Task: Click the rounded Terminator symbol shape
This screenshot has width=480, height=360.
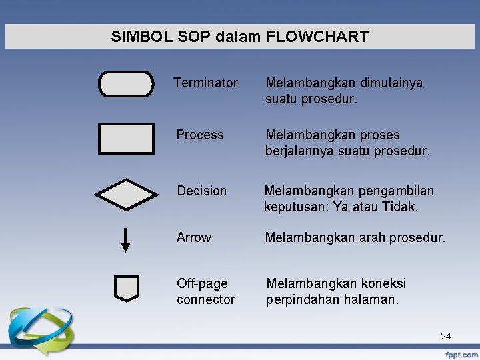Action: [x=126, y=84]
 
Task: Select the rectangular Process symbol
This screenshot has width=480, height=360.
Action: [x=126, y=139]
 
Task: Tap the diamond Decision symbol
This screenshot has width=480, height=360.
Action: [x=126, y=195]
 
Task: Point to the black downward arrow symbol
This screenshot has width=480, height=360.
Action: [x=125, y=239]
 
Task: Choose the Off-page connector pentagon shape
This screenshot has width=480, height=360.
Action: [x=126, y=288]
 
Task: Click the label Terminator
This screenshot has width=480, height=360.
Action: [x=205, y=83]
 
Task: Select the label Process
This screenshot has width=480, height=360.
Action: [x=200, y=135]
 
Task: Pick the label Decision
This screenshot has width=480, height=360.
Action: [x=201, y=191]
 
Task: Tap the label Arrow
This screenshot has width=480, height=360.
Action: [x=194, y=238]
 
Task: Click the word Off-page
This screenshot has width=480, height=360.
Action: [x=202, y=284]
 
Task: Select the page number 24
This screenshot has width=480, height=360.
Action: [x=445, y=337]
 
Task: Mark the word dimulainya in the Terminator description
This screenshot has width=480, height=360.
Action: [x=391, y=83]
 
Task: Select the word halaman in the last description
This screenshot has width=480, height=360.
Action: [x=369, y=300]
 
